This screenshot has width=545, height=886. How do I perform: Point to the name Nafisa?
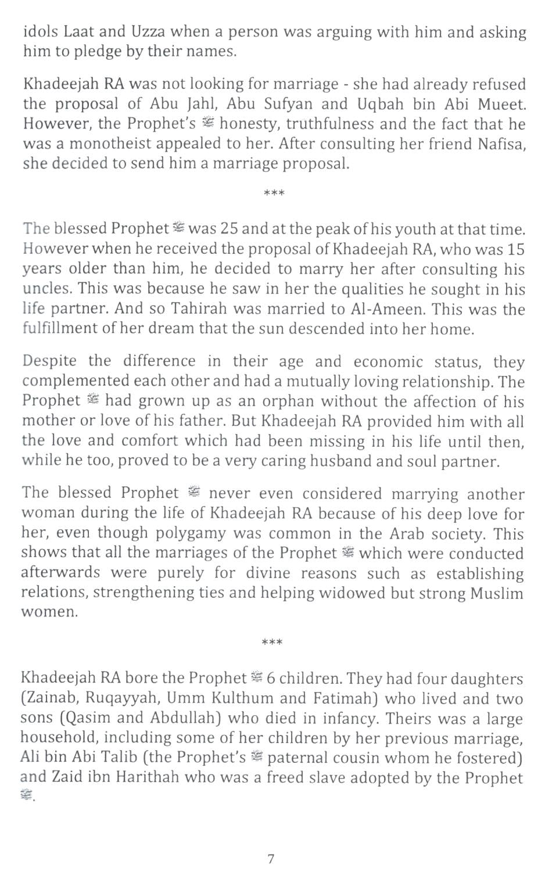point(501,144)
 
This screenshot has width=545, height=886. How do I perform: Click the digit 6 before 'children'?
point(270,678)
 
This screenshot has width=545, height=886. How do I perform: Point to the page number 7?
point(271,859)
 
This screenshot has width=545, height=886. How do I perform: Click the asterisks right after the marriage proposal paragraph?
point(274,193)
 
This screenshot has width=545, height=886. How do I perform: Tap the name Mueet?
point(503,104)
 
